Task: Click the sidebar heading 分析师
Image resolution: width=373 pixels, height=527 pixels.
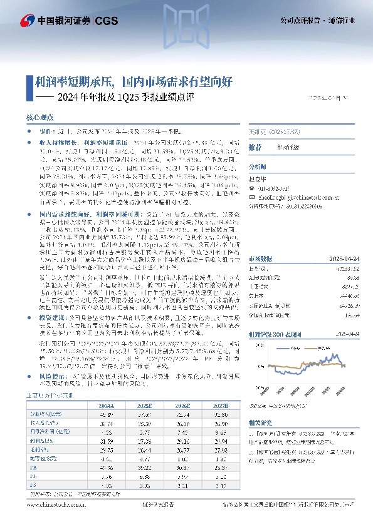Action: [x=258, y=167]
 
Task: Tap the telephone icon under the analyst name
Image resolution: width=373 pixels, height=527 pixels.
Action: [x=252, y=186]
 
